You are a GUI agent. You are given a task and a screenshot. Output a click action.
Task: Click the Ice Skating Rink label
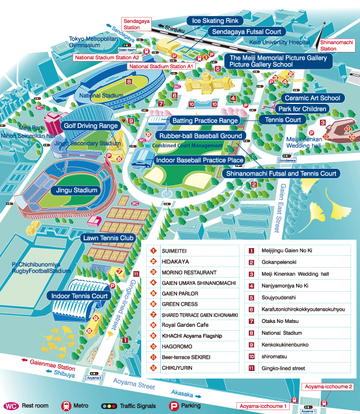[214, 21]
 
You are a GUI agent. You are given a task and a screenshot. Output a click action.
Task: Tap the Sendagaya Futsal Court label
[246, 32]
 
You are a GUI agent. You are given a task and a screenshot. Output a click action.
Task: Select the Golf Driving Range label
[90, 126]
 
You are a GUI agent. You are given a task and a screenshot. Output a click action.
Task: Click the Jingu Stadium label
[76, 191]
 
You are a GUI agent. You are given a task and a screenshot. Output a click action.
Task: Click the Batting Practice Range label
[205, 121]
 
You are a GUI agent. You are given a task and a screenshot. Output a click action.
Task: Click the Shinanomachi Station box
[336, 45]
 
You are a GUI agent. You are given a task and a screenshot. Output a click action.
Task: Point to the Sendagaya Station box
[132, 23]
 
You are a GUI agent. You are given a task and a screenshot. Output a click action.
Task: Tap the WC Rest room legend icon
[11, 406]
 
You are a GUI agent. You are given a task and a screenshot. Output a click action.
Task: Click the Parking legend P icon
[174, 406]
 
